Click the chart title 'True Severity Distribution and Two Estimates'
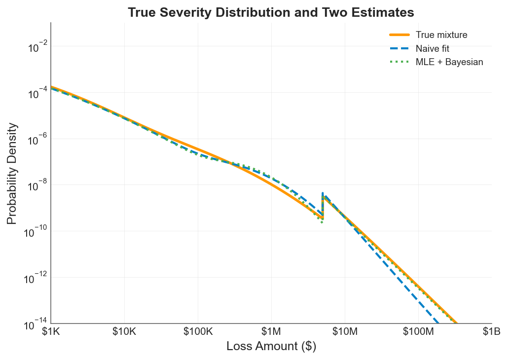(271, 12)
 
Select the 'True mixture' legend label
(441, 35)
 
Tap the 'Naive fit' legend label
(432, 48)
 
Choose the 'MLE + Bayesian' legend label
(449, 62)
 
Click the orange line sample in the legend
(399, 35)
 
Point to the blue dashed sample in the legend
(399, 48)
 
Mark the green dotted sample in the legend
(399, 62)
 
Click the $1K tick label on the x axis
(51, 332)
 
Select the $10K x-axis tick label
(124, 332)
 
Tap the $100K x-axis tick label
(198, 332)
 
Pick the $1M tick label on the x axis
(271, 332)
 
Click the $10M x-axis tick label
(345, 332)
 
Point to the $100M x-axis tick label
(418, 332)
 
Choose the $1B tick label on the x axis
(491, 332)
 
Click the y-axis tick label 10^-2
(37, 48)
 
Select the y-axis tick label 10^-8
(37, 186)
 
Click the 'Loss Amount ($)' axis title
(271, 347)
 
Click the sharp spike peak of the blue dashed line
(323, 193)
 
